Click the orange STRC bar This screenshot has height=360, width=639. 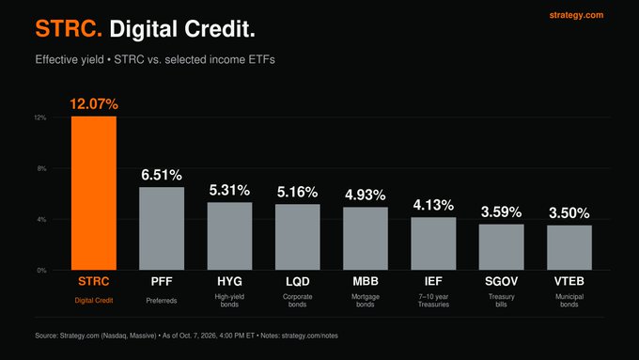point(94,194)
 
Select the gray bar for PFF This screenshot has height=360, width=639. point(162,228)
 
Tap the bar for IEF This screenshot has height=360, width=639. point(433,243)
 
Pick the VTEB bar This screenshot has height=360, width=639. point(569,247)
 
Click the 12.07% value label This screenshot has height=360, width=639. point(94,104)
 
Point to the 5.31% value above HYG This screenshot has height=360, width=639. point(229,190)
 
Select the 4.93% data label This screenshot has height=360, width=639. point(366,195)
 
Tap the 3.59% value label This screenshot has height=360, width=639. point(501,212)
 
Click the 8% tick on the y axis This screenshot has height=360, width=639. point(42,168)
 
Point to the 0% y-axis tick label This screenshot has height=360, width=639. point(42,271)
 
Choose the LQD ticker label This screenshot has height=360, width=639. point(298,281)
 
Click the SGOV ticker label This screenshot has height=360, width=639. point(501,281)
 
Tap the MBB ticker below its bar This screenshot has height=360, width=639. point(366,281)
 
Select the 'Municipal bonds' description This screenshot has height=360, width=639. point(569,301)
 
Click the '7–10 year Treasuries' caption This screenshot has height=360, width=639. point(433,301)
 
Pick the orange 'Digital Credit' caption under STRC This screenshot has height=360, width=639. point(94,301)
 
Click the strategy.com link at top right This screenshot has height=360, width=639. point(576,15)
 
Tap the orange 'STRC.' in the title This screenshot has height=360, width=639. point(69,29)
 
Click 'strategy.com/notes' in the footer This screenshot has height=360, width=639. point(310,336)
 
